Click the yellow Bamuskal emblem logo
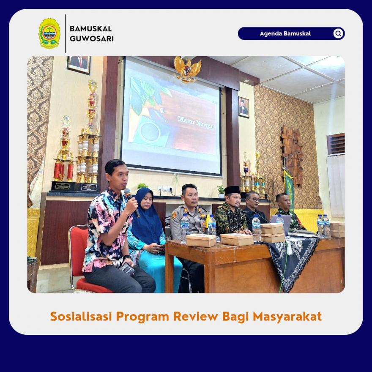point(49,33)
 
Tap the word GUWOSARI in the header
point(92,38)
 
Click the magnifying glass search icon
point(338,33)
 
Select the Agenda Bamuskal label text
point(285,33)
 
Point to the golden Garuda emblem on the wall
point(187,69)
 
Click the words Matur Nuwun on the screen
point(196,122)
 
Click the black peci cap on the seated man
point(232,190)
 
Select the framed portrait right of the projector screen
point(244,107)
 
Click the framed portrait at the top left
point(79,65)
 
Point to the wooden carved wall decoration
point(292,155)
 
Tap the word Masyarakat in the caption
point(287,317)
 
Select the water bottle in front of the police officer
point(184,228)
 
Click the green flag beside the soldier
point(289,189)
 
